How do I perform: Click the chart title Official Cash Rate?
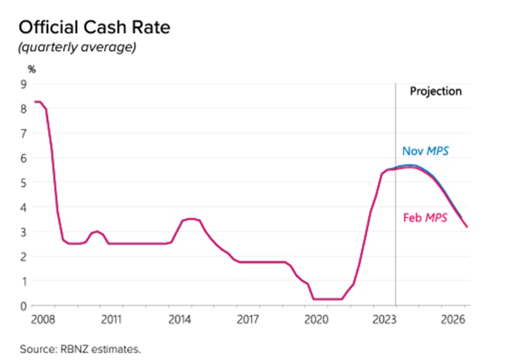pyautogui.click(x=94, y=28)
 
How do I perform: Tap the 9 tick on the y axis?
pyautogui.click(x=23, y=83)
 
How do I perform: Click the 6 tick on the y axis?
pyautogui.click(x=23, y=158)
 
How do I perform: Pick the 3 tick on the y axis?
pyautogui.click(x=23, y=232)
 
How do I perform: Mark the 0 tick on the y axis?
pyautogui.click(x=23, y=306)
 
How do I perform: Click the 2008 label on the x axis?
pyautogui.click(x=41, y=318)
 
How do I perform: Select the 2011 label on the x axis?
pyautogui.click(x=111, y=318)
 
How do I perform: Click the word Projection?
pyautogui.click(x=435, y=91)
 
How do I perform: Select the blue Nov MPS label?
pyautogui.click(x=425, y=152)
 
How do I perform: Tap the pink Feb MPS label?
pyautogui.click(x=425, y=218)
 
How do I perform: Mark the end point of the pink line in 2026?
pyautogui.click(x=468, y=227)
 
